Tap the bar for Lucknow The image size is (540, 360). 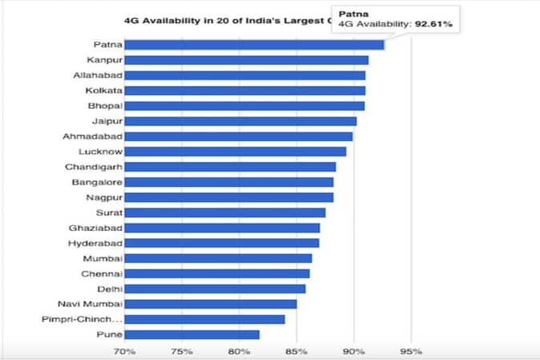pos(235,152)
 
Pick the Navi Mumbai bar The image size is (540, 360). pos(210,304)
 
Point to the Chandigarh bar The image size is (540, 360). pos(230,167)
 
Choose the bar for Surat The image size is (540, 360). pos(224,212)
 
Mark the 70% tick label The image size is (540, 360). pos(124,351)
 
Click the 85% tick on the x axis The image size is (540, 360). pos(296,351)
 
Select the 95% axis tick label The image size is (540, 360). pos(411,351)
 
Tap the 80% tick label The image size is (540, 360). pos(239,351)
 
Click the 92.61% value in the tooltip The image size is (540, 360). pos(433,25)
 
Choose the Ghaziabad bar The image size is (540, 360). pos(222,228)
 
